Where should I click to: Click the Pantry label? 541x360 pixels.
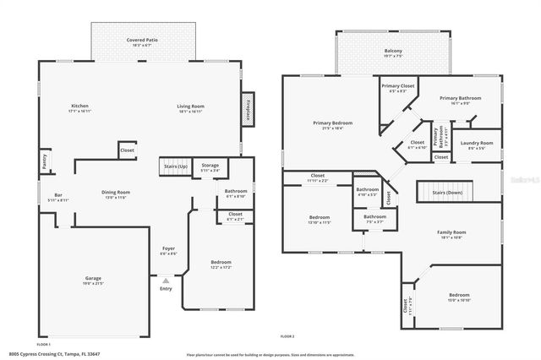pos(43,160)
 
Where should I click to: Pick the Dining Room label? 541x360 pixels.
pos(116,194)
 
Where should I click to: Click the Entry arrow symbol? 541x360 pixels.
pos(165,281)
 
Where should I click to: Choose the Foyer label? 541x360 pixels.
pos(168,250)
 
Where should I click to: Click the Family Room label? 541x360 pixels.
pos(451,234)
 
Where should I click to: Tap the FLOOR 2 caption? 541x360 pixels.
pos(286,337)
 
